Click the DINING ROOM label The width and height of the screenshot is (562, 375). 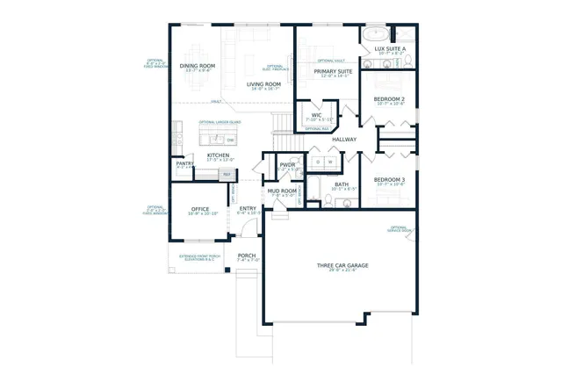point(197,66)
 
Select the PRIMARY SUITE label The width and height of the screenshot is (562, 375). point(333,71)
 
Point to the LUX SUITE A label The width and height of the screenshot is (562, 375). point(390,49)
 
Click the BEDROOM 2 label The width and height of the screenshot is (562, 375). point(389,99)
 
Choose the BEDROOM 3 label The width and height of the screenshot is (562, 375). point(389,179)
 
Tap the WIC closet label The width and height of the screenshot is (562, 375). point(316,114)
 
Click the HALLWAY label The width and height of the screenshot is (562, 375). point(343,140)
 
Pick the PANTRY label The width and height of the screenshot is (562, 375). point(184,162)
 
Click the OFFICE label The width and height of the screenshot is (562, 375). point(199,209)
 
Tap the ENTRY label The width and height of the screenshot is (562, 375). point(248,208)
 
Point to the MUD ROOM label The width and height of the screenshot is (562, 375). point(282,191)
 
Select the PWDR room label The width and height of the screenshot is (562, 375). point(286,164)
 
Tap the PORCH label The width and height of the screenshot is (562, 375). point(247,256)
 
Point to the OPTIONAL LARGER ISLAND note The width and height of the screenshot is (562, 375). point(219,122)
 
